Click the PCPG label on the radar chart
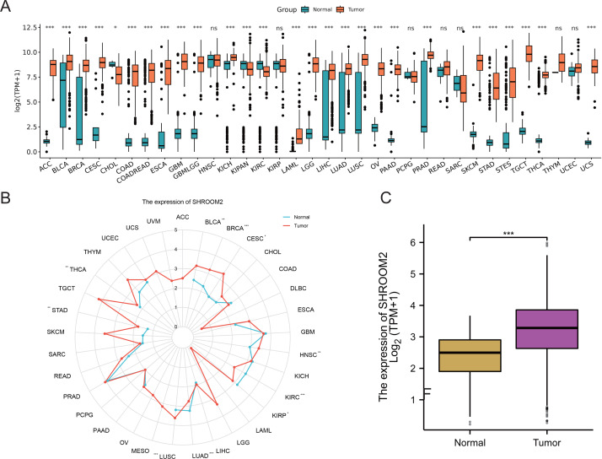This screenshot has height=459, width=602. [x=84, y=414]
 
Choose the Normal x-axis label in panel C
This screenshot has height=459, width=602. [x=452, y=442]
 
